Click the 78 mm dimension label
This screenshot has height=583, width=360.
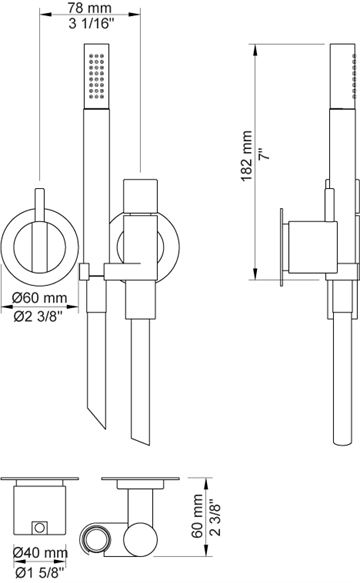[90, 7]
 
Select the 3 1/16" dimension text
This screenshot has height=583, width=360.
[91, 24]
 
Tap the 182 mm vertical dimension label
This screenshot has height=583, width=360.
[247, 156]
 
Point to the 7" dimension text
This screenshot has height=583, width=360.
[263, 154]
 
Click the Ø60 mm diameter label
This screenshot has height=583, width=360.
[39, 298]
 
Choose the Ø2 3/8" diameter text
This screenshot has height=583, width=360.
[38, 316]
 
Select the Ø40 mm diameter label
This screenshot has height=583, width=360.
[40, 553]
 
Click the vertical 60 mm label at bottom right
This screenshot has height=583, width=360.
[197, 516]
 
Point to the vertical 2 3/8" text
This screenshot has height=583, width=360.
[215, 517]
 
